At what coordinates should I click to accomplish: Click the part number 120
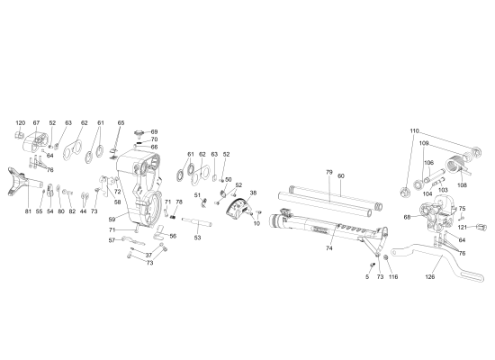(21, 122)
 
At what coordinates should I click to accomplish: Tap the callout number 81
(28, 211)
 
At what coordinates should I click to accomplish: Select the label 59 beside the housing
(112, 219)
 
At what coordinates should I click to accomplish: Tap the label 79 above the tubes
(328, 172)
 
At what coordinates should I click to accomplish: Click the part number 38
(253, 193)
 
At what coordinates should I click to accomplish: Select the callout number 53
(197, 238)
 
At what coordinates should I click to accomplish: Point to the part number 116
(392, 278)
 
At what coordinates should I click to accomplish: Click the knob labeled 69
(140, 133)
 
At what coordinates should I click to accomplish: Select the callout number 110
(414, 131)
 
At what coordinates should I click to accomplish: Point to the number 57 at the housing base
(112, 240)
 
